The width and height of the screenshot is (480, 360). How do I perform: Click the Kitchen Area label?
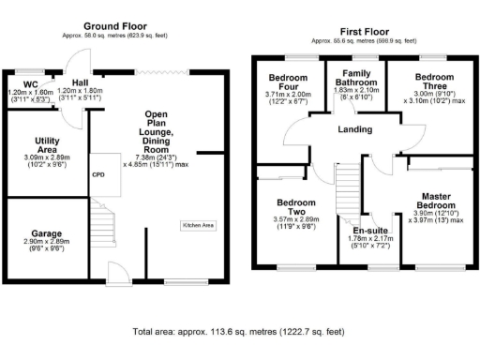[198, 226]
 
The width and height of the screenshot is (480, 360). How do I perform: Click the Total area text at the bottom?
[239, 332]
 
